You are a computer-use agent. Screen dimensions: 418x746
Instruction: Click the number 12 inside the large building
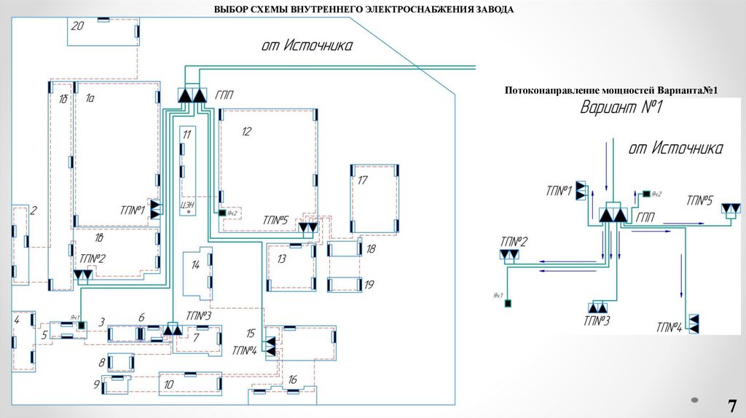point(246,131)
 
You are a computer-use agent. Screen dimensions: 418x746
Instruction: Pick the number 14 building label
point(195,265)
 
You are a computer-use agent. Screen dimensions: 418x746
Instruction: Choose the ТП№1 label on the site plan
point(133,211)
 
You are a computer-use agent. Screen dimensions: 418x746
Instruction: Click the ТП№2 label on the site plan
point(93,259)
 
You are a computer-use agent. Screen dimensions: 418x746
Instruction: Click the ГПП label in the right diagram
point(645,216)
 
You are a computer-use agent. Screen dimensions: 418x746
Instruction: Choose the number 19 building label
point(369,285)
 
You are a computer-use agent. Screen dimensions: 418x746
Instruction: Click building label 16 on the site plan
point(292,379)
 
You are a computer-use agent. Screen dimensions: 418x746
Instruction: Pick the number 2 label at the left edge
point(32,211)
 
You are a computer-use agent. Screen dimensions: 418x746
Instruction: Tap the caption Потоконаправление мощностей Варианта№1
point(611,90)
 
